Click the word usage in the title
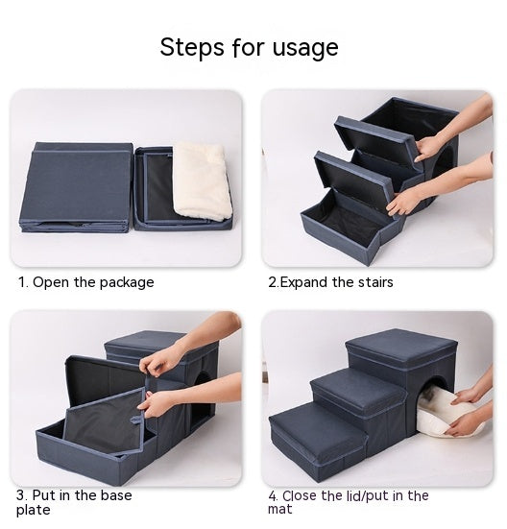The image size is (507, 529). click(305, 48)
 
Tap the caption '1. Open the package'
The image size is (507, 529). click(85, 282)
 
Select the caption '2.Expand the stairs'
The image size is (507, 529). click(329, 282)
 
